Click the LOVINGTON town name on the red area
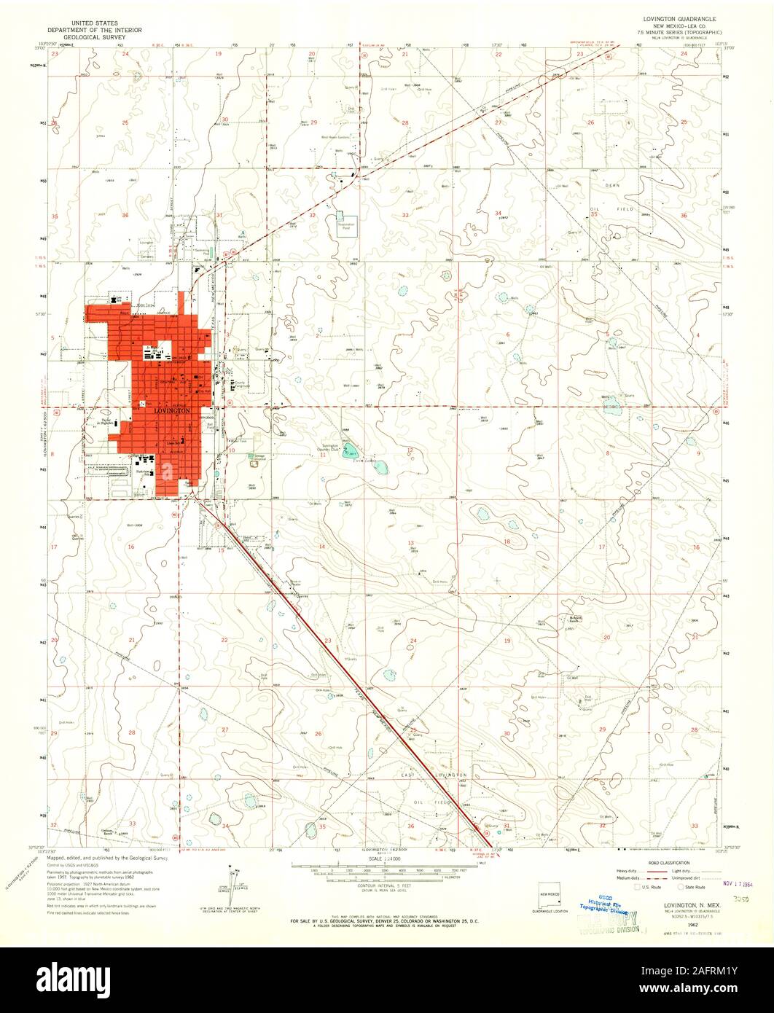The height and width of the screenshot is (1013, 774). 173,412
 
